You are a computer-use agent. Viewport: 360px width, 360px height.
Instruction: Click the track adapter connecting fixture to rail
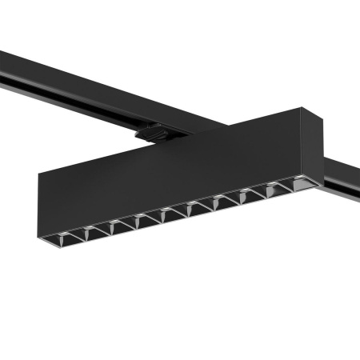pos(152,132)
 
